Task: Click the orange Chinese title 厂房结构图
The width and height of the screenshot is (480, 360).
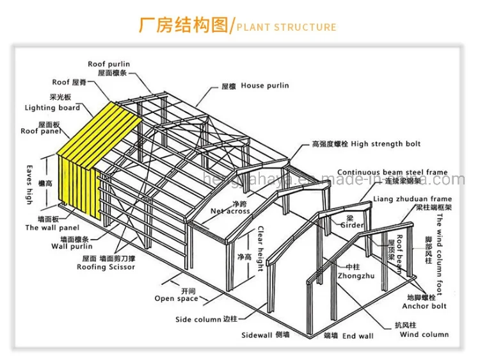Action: tap(183, 26)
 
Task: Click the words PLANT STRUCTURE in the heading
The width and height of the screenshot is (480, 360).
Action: tap(286, 27)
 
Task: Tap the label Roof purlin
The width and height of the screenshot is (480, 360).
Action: tap(109, 64)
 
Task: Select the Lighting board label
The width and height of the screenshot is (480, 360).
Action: tap(52, 108)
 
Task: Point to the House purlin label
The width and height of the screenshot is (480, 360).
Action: tap(264, 85)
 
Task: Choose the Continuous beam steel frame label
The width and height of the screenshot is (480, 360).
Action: tap(392, 172)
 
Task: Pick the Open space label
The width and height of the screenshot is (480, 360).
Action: tap(176, 299)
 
